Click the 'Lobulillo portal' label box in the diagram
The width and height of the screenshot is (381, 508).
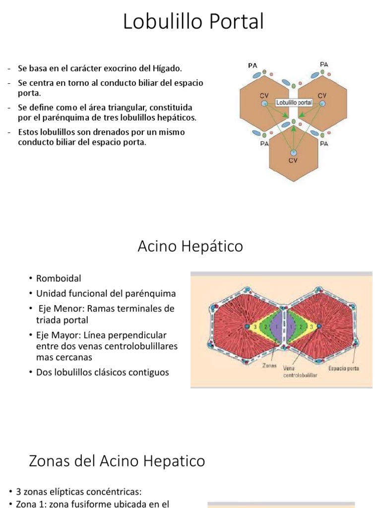coord(294,103)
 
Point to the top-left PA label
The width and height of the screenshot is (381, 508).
coord(253,65)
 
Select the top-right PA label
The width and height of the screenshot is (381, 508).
coord(324,64)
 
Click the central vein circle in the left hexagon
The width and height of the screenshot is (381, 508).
coord(265,103)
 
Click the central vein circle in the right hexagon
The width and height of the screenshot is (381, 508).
coord(322,103)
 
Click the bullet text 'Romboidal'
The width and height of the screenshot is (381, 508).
coord(59,278)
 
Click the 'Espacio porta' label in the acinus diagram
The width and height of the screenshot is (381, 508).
coord(344,368)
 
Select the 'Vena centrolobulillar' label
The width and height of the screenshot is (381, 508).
coord(300,372)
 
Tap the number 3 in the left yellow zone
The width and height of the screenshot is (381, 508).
coord(255,326)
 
